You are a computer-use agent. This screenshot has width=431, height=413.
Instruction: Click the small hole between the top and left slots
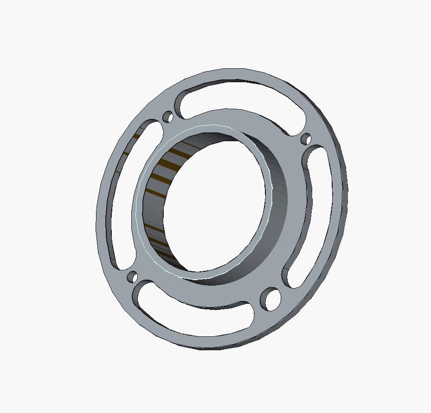point(168,117)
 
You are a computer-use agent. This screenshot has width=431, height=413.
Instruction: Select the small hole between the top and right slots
point(306,138)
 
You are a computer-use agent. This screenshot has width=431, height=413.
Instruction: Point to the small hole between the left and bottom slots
point(132,277)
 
